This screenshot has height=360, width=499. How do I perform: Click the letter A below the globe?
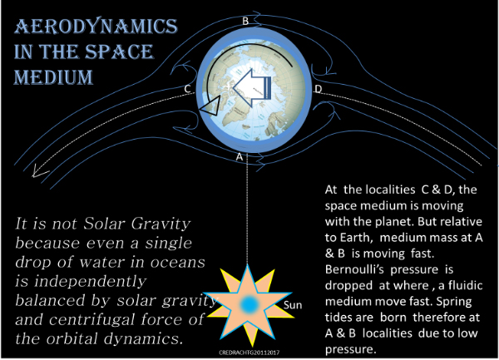[240, 157]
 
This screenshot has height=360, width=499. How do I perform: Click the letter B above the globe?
[245, 21]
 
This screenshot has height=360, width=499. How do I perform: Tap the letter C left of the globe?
[188, 89]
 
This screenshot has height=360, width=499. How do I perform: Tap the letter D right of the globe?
[318, 89]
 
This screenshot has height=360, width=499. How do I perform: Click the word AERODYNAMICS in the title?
[96, 26]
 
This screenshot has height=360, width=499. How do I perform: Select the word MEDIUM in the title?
[53, 77]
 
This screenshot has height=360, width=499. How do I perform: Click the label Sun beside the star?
[293, 305]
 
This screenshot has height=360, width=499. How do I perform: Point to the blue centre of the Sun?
[249, 304]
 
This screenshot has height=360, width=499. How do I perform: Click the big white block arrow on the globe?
[252, 87]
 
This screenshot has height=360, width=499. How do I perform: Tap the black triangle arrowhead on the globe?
[210, 106]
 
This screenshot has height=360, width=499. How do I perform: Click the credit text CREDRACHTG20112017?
[249, 353]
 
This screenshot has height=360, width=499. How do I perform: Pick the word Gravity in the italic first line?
[161, 224]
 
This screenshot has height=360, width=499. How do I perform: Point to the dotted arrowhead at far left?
[39, 172]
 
